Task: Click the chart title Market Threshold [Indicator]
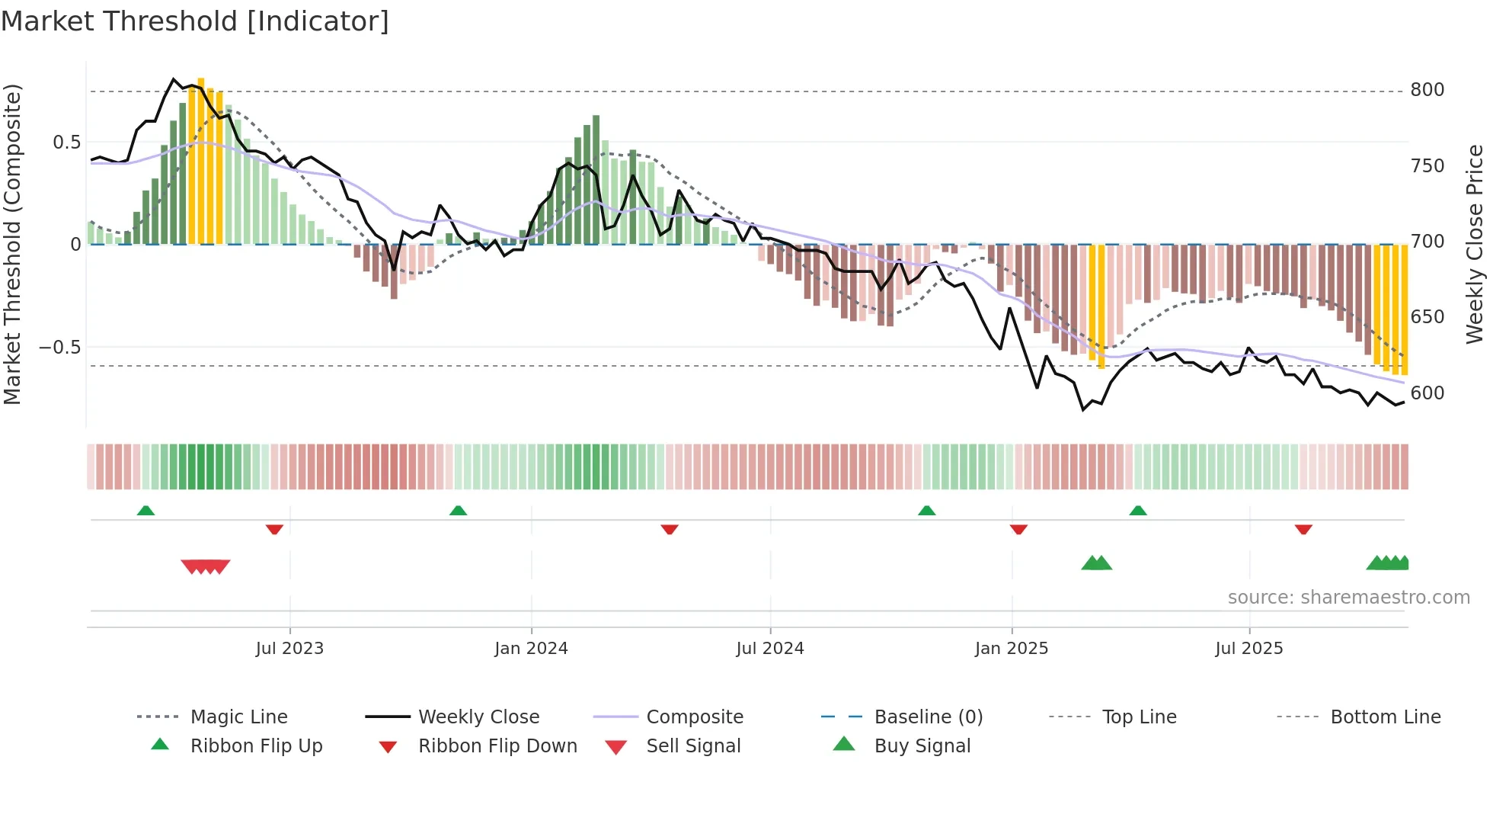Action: coord(195,21)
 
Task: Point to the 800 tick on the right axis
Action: coord(1427,90)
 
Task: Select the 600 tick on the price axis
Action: coord(1427,393)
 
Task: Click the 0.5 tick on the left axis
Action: coord(66,143)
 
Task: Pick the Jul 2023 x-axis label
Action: coord(289,649)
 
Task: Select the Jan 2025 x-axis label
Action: coord(1011,649)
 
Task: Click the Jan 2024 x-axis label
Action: coord(531,649)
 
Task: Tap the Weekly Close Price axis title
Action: coord(1475,244)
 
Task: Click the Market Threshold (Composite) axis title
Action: coord(12,244)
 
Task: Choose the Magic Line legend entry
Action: coord(238,717)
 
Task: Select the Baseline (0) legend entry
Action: coord(928,717)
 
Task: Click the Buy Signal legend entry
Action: coord(922,746)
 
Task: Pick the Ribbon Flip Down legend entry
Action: coord(497,746)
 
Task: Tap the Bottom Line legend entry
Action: coord(1385,717)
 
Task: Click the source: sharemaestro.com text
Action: coord(1348,598)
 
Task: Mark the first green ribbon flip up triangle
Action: coord(145,511)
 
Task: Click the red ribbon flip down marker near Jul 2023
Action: coord(274,529)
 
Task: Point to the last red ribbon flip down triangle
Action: coord(1303,529)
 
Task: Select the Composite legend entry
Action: coord(694,717)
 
